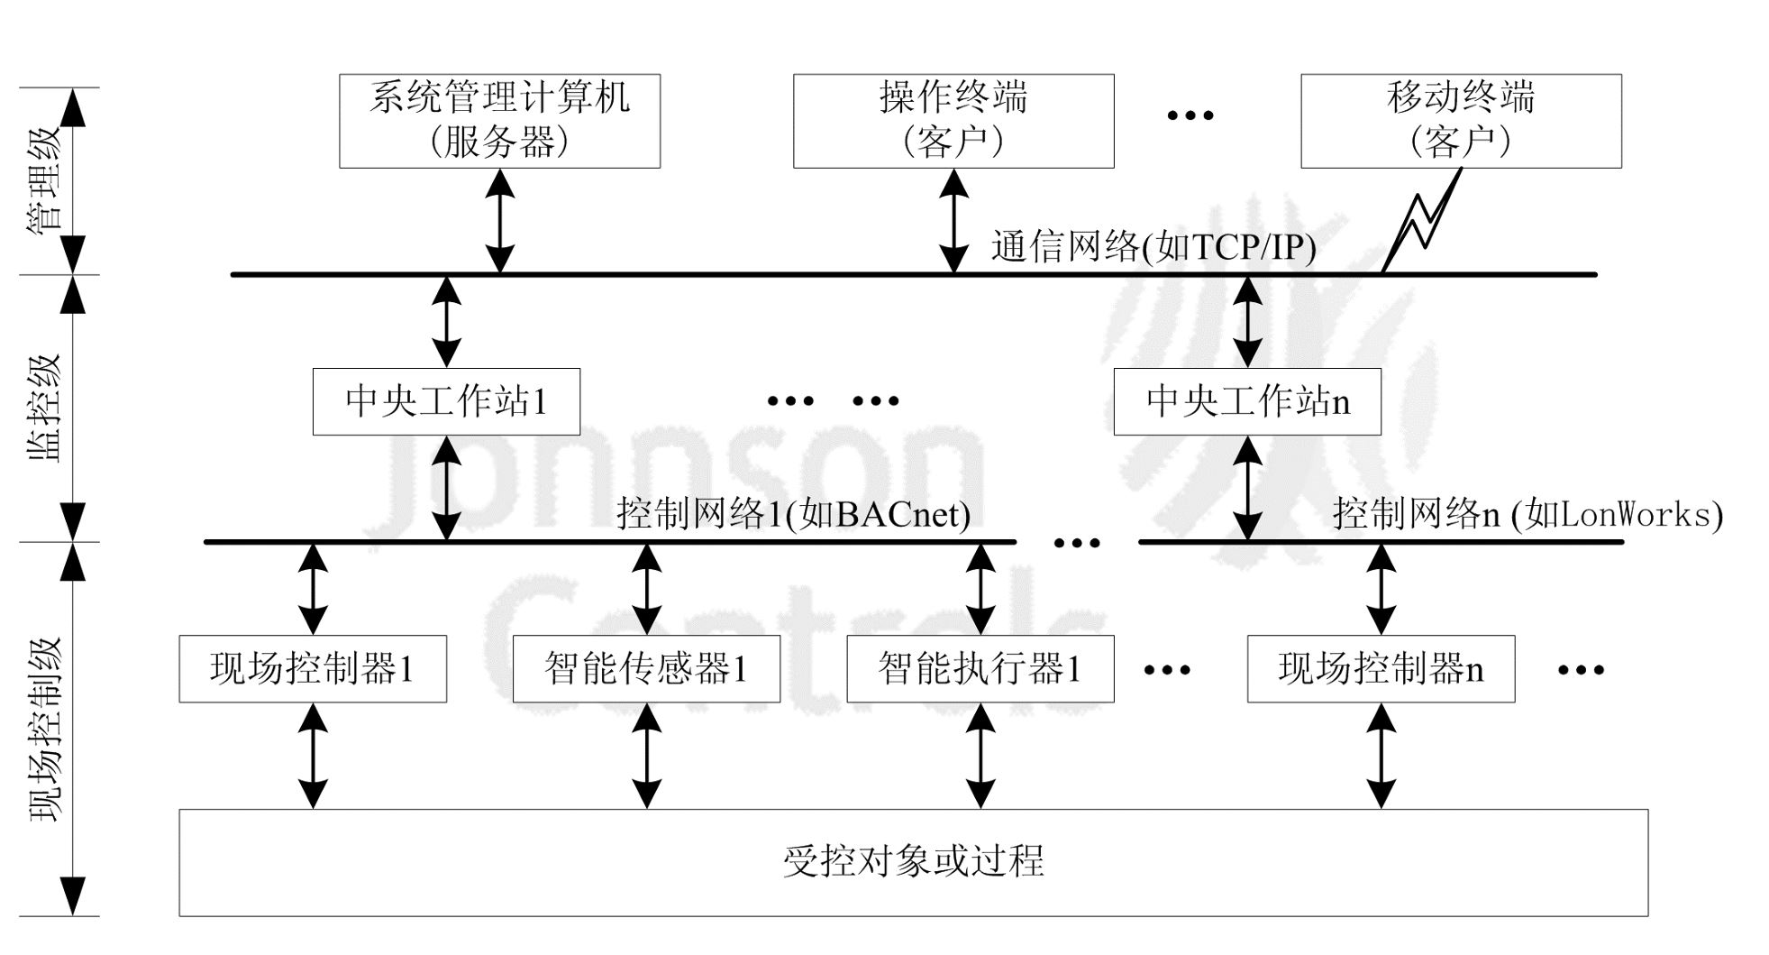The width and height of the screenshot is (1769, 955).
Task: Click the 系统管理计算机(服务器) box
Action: click(499, 121)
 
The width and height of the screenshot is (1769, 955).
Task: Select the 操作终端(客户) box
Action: click(953, 121)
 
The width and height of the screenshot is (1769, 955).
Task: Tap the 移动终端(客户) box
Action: click(1461, 121)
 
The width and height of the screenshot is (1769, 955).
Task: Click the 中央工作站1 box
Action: click(446, 401)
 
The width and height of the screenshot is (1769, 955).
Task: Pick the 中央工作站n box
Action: click(1247, 401)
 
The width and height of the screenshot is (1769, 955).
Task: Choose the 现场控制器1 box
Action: click(313, 669)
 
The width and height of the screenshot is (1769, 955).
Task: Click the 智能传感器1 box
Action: click(646, 669)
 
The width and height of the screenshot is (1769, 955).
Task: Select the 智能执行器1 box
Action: click(980, 669)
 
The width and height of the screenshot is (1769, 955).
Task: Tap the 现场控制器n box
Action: click(1381, 669)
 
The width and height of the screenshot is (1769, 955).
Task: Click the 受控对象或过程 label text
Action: click(913, 861)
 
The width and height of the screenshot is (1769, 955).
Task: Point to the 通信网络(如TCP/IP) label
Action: click(1153, 246)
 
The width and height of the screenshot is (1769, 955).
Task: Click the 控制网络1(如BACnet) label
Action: click(793, 514)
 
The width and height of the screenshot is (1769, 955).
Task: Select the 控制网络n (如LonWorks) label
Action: click(1527, 514)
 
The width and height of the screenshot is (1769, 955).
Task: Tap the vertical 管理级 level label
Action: click(45, 180)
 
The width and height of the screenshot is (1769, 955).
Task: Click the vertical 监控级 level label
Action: click(45, 408)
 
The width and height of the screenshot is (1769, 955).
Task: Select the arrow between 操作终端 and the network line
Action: click(953, 221)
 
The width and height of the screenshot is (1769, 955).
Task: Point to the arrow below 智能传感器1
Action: click(646, 756)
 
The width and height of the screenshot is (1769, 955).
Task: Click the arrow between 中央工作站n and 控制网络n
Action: click(1247, 489)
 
